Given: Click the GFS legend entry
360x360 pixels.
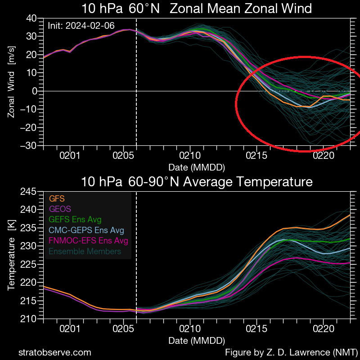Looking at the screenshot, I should (56, 198).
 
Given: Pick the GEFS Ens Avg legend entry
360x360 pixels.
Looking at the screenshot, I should (75, 220).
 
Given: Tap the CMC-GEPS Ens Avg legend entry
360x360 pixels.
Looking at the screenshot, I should (86, 230).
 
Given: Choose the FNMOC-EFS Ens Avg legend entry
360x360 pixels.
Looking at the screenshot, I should (88, 241).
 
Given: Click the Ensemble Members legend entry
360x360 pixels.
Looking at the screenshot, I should (85, 252).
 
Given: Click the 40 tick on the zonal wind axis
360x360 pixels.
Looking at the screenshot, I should (31, 18).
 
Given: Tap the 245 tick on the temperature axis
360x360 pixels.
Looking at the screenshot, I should (29, 192).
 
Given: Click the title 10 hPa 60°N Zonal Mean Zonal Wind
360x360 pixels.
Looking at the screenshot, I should (197, 8).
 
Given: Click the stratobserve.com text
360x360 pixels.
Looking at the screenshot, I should (54, 352).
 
